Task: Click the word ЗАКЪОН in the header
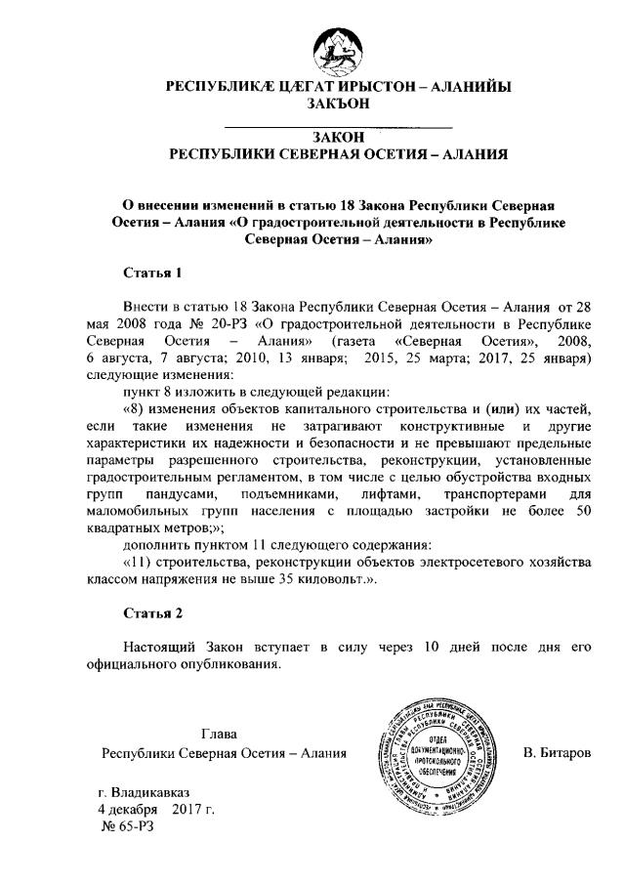(338, 103)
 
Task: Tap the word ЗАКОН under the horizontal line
(338, 139)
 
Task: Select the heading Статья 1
(152, 271)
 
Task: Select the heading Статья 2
(152, 613)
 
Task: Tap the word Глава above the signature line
(219, 734)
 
